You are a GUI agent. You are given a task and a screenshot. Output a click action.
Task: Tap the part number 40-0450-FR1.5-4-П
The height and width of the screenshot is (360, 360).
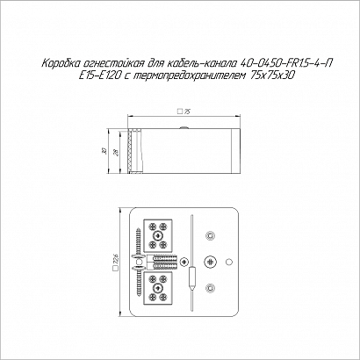click(285, 63)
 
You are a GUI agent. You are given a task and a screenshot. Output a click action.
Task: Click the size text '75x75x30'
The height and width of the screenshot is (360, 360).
click(272, 76)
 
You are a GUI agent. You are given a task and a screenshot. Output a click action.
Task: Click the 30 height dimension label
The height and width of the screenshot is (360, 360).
click(104, 151)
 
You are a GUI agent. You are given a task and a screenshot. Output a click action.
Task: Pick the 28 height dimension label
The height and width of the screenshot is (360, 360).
click(117, 153)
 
